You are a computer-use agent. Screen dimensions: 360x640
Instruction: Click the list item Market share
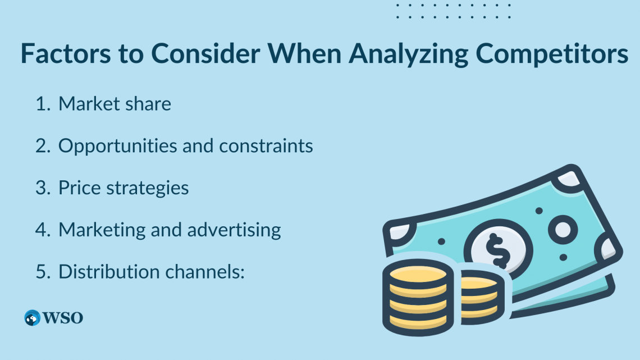(115, 104)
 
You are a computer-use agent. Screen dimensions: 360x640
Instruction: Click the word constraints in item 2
(266, 146)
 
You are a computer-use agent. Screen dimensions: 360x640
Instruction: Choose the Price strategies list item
(124, 188)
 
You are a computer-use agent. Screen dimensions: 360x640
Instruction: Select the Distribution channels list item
(152, 271)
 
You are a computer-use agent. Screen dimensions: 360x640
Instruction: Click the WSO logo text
(63, 318)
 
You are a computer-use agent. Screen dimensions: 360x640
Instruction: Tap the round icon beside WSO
(32, 318)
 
